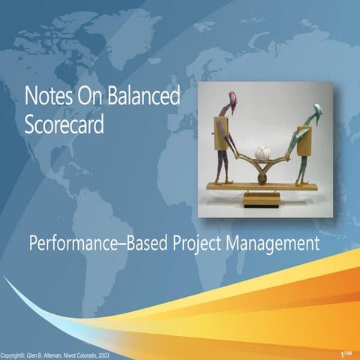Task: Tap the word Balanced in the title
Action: [145, 97]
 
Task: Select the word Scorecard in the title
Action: [63, 124]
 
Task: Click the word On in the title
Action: [91, 97]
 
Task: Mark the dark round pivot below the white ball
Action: [262, 179]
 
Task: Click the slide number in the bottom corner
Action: [344, 353]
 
